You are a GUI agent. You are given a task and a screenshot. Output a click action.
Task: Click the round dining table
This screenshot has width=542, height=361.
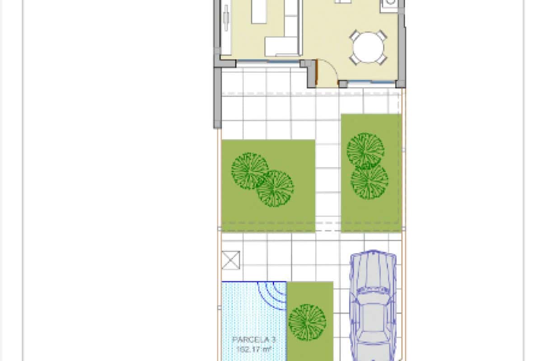pyautogui.click(x=368, y=47)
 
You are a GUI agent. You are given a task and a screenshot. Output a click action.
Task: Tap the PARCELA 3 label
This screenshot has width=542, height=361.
pyautogui.click(x=254, y=339)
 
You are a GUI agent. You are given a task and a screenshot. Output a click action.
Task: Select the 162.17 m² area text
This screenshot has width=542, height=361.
pyautogui.click(x=254, y=348)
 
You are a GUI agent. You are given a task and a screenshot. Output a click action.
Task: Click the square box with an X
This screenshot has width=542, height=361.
pyautogui.click(x=231, y=260)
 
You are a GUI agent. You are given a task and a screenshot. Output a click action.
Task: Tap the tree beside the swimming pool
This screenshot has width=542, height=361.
pyautogui.click(x=307, y=322)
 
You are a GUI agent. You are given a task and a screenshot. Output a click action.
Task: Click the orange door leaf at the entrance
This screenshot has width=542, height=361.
pyautogui.click(x=317, y=73)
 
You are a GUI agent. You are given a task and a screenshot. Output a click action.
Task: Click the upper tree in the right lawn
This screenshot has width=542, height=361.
pyautogui.click(x=365, y=150)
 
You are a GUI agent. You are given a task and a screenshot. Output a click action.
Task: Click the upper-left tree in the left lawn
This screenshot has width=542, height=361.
pyautogui.click(x=250, y=171)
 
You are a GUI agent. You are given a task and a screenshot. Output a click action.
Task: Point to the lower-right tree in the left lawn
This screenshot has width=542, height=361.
pyautogui.click(x=275, y=188)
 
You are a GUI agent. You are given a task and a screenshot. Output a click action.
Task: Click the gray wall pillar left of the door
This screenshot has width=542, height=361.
pyautogui.click(x=311, y=74)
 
